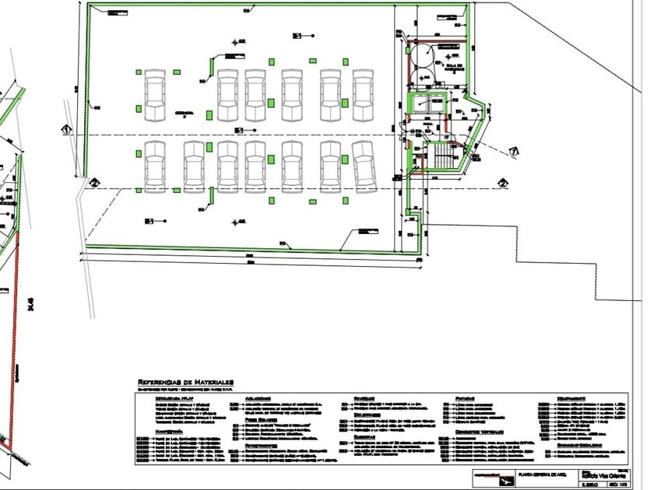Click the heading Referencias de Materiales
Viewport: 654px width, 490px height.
click(x=185, y=383)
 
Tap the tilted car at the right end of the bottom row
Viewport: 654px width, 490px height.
click(x=364, y=166)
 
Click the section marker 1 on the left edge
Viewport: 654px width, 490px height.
click(x=67, y=128)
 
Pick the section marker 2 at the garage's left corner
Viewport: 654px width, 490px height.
click(x=93, y=183)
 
